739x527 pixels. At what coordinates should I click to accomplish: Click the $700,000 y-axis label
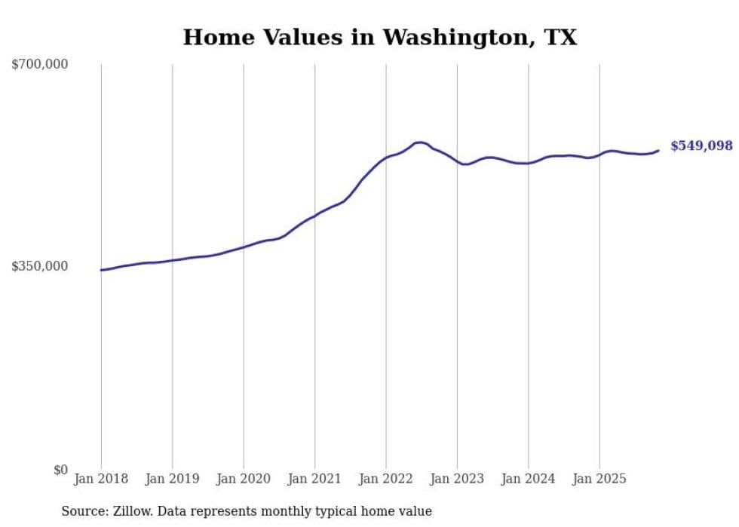coord(40,65)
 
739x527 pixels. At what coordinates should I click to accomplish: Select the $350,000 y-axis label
coord(40,266)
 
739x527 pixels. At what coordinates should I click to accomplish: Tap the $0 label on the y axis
coord(60,470)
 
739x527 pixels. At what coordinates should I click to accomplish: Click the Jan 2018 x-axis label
coord(101,479)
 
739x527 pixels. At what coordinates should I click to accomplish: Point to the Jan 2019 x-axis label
coord(172,479)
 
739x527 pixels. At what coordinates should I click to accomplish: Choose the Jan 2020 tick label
coord(244,479)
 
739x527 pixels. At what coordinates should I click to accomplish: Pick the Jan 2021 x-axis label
coord(314,479)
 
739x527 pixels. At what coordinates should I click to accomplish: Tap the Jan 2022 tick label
coord(386,479)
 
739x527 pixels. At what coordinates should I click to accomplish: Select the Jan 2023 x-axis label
coord(457,479)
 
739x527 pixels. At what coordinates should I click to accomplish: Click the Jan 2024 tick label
coord(529,479)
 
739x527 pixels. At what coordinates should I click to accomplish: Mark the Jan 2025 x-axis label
coord(599,479)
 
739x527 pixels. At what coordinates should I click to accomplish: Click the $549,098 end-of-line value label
coord(701,146)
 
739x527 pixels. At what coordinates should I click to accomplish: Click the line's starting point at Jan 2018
coord(102,270)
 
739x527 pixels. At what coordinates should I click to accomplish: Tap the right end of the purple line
coord(658,151)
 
